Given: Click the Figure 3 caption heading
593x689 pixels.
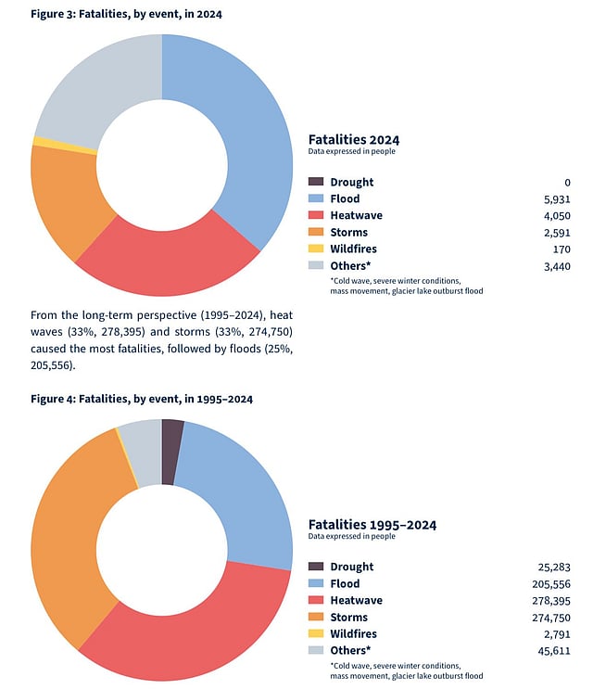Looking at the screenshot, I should tap(126, 14).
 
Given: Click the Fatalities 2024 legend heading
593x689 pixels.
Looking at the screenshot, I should tap(353, 139).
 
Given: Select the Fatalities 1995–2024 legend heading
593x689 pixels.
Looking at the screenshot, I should tap(372, 524).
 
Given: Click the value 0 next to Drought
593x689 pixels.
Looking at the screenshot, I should tap(567, 182).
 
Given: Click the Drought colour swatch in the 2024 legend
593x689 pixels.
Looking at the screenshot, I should tap(316, 182).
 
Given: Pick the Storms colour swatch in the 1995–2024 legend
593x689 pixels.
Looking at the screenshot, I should tap(316, 617).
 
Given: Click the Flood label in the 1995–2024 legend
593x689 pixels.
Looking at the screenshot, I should tap(346, 583).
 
